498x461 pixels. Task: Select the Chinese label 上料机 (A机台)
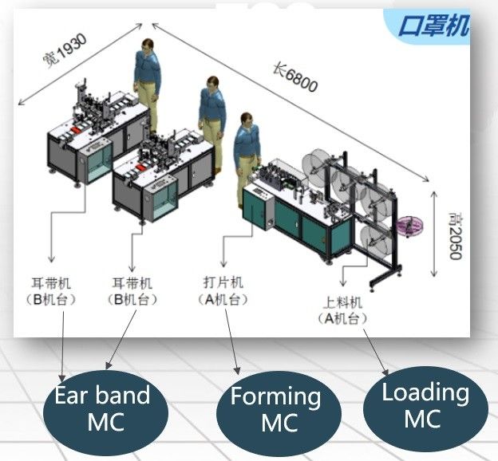point(344,309)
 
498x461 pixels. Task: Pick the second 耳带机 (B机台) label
point(131,290)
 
